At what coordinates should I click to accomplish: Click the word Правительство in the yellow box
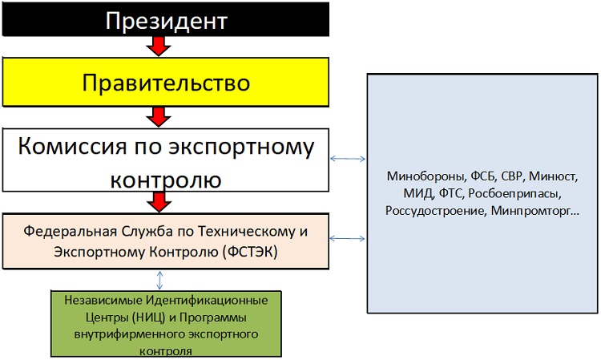click(x=166, y=83)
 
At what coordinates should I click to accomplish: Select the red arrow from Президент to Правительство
click(x=159, y=47)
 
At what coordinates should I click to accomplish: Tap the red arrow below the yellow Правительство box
click(x=159, y=118)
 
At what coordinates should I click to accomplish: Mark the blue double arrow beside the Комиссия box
click(x=348, y=159)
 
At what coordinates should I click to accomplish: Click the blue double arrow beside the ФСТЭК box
click(x=348, y=238)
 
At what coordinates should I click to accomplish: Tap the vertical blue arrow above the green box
click(x=161, y=279)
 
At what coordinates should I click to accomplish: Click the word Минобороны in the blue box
click(x=418, y=176)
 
